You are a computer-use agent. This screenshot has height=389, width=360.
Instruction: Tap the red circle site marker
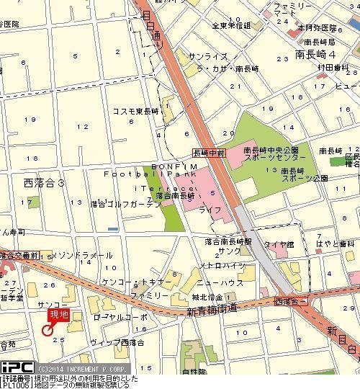tap(48, 331)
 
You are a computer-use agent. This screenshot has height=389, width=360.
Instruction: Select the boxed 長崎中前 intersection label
tap(210, 153)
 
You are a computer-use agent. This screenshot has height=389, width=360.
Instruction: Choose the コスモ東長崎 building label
tap(134, 110)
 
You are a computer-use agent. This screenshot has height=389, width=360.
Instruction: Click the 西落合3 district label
tap(45, 183)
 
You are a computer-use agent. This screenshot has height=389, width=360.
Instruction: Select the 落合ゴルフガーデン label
tap(125, 205)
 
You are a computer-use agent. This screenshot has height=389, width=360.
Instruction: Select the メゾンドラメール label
tap(82, 256)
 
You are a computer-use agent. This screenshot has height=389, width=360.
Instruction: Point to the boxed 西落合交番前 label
tap(21, 255)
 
